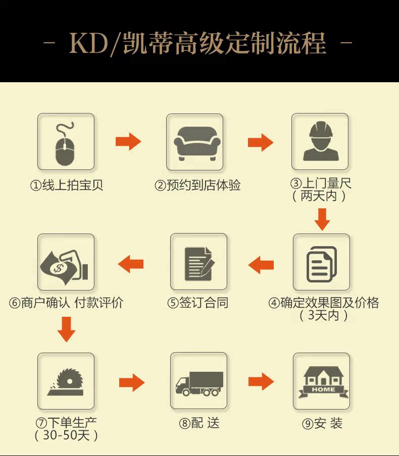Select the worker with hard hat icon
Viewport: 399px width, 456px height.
click(x=320, y=142)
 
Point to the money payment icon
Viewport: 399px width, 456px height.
click(x=66, y=262)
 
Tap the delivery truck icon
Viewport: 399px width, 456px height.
click(x=198, y=381)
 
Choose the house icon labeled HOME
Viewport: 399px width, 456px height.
click(x=322, y=381)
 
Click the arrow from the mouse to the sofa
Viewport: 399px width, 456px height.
click(x=128, y=142)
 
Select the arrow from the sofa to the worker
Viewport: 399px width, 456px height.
click(x=260, y=142)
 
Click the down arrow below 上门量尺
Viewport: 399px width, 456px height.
click(x=322, y=219)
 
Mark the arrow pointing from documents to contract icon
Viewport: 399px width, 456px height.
click(x=261, y=264)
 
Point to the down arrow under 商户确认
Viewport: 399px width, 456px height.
click(x=66, y=330)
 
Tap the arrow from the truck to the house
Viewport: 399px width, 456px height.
click(x=261, y=381)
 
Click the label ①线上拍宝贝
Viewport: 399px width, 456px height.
click(x=67, y=186)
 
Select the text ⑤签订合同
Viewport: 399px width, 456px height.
click(x=197, y=303)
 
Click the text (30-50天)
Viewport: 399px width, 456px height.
click(x=66, y=435)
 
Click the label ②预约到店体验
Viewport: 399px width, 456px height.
click(x=197, y=186)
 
